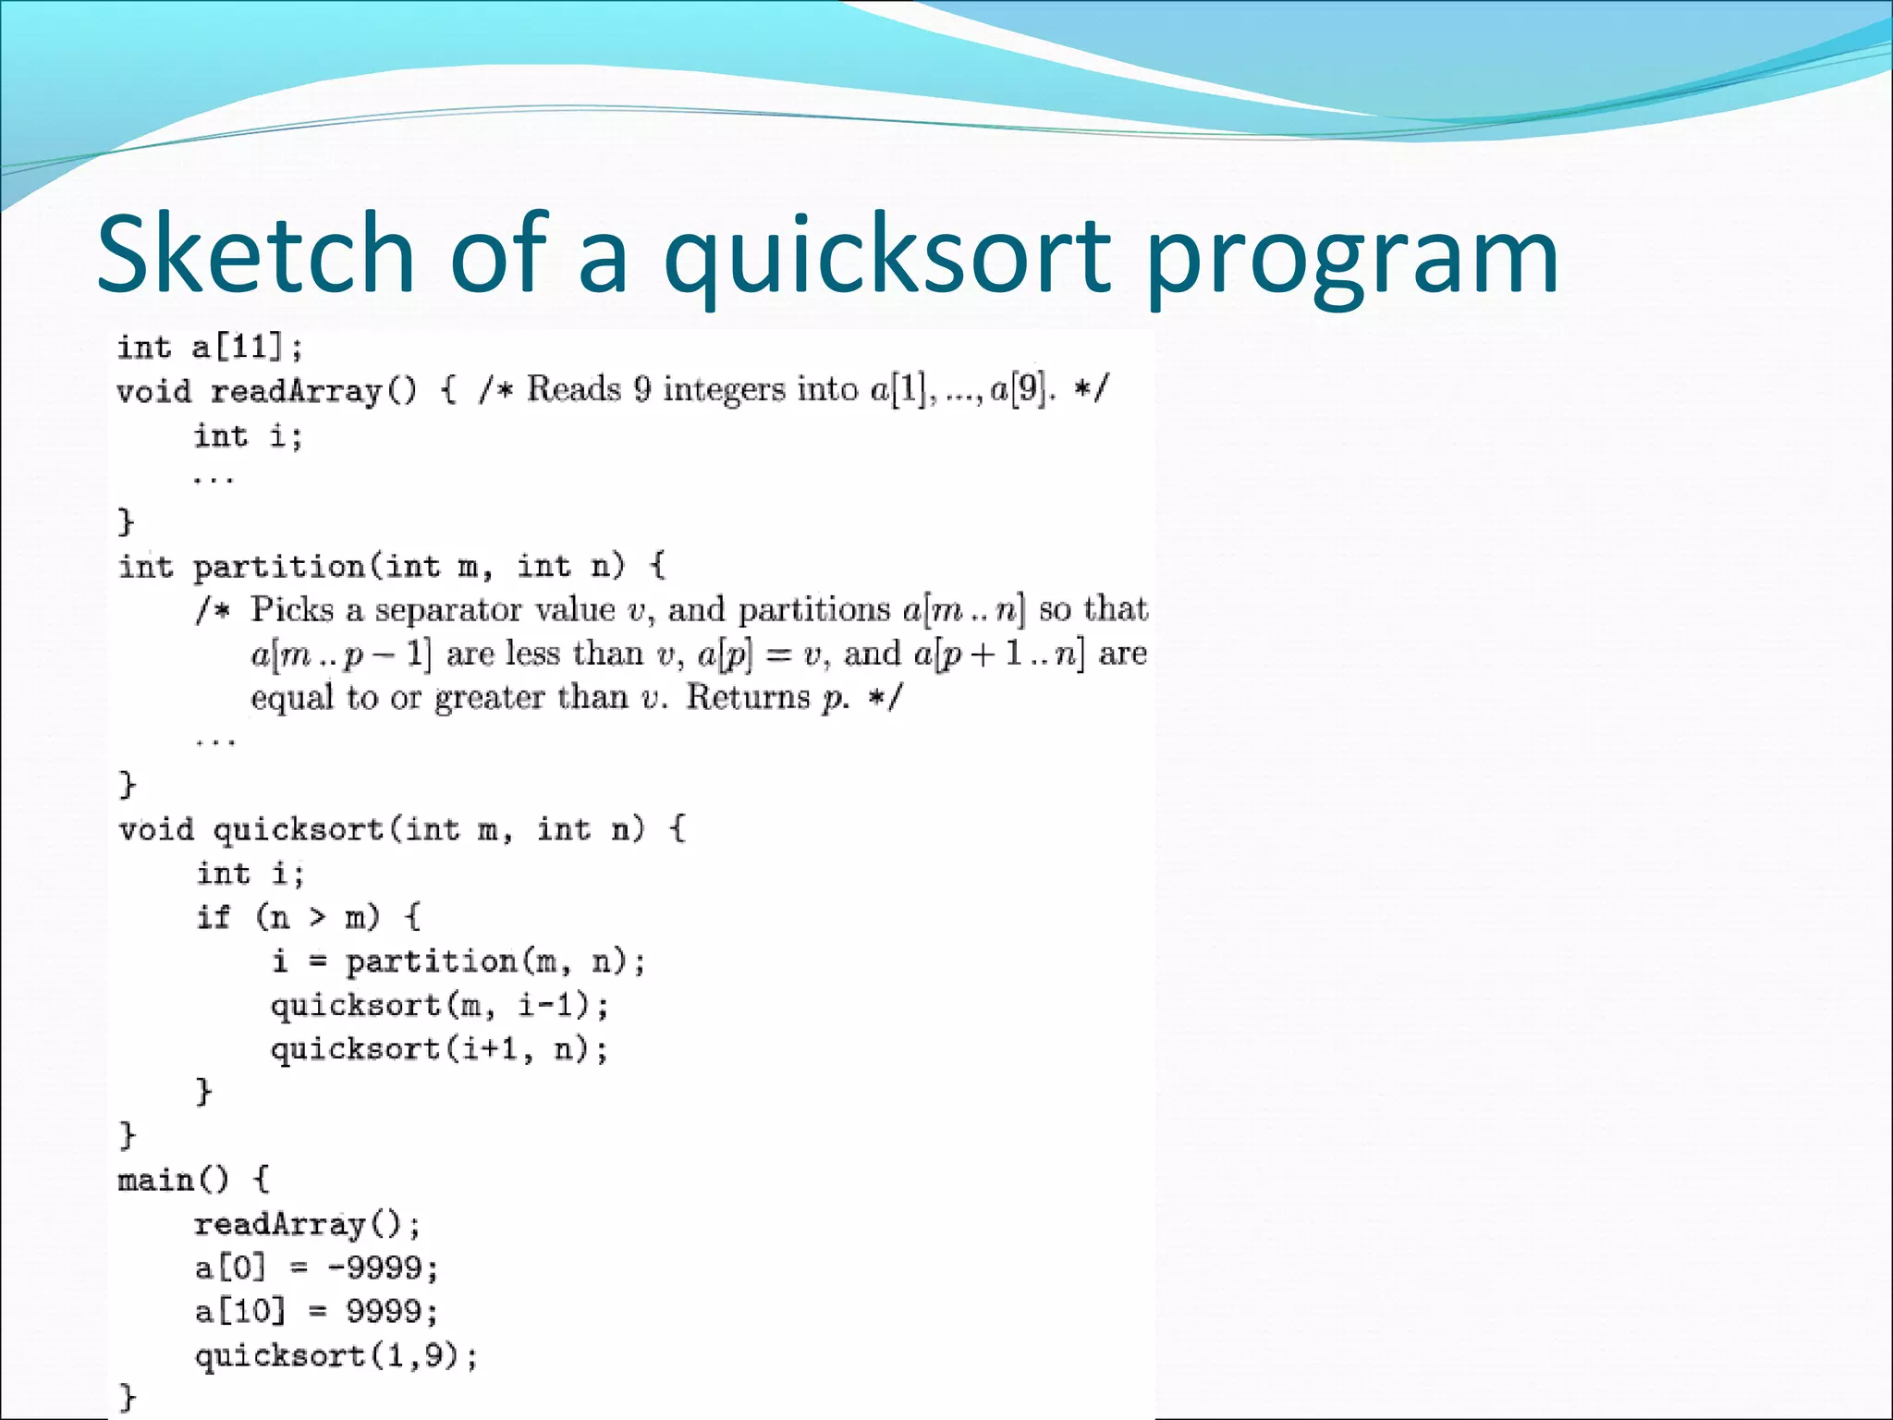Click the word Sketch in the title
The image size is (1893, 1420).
pos(255,253)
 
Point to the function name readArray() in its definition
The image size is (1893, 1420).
pos(312,392)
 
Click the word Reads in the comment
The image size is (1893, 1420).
pos(573,389)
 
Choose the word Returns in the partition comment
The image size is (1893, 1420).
pos(747,696)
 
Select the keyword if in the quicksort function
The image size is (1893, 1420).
pos(213,917)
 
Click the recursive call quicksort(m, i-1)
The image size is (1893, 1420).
pos(438,1005)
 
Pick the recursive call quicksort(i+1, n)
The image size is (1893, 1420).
pos(438,1049)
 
